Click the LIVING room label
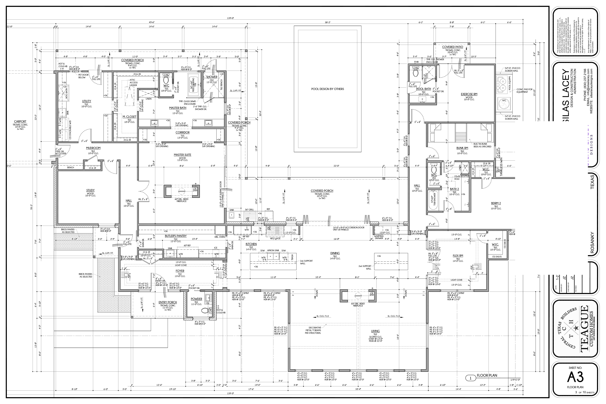click(375, 331)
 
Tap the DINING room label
click(335, 253)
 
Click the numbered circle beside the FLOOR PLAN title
click(470, 378)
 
